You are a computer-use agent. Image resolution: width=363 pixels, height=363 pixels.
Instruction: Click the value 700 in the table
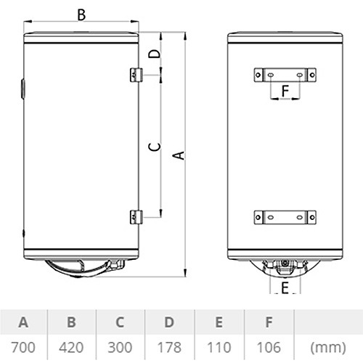[x=23, y=348]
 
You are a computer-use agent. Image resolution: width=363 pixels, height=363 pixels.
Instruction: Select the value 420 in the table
[x=71, y=348]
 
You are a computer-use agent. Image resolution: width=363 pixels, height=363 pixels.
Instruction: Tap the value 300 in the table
[x=120, y=348]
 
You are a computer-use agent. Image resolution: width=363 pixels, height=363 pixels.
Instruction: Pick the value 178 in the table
[x=169, y=348]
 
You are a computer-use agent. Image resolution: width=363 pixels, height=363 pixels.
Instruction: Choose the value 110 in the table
[x=219, y=348]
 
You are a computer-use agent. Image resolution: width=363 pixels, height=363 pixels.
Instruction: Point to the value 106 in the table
[x=269, y=348]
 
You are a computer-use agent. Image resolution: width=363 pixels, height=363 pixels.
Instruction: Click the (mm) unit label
[x=328, y=348]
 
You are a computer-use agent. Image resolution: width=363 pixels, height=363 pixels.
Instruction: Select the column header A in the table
[x=23, y=322]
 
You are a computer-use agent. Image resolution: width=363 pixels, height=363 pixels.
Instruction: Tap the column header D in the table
[x=169, y=322]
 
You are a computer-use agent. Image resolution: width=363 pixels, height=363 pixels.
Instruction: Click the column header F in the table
[x=269, y=322]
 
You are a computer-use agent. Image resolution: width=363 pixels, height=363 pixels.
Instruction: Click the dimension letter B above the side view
[x=81, y=15]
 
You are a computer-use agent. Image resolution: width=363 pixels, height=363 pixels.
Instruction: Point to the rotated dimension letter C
[x=155, y=147]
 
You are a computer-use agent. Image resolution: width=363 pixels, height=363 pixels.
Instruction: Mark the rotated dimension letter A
[x=179, y=155]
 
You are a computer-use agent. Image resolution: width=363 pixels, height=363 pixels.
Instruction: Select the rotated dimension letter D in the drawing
[x=155, y=54]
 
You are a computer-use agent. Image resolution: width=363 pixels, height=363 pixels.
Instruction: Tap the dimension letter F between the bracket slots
[x=285, y=91]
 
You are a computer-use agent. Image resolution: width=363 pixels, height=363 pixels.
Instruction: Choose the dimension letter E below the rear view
[x=285, y=287]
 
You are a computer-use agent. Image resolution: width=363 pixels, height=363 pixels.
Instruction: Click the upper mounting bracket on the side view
[x=136, y=75]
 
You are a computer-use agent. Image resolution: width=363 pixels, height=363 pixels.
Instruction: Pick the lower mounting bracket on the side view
[x=136, y=217]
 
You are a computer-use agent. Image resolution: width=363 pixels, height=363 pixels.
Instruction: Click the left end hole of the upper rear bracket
[x=258, y=75]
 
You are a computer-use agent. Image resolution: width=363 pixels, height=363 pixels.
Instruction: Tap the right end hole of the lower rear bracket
[x=312, y=217]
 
